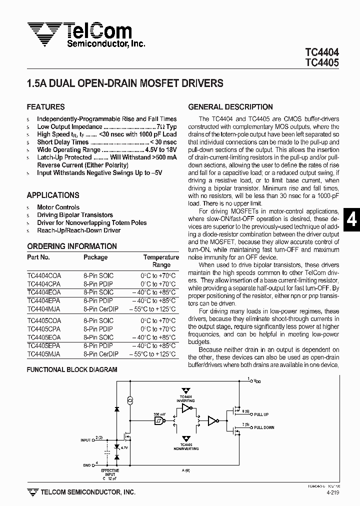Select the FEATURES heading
click(45, 107)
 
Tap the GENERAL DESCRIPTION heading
click(230, 107)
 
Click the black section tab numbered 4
click(351, 220)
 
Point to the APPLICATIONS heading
click(53, 195)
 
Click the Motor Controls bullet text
click(58, 207)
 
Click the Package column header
click(95, 257)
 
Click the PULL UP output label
click(261, 414)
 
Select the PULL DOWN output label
click(263, 427)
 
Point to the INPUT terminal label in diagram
click(85, 440)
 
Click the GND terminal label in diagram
click(87, 465)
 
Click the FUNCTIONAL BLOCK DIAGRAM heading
click(72, 369)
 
